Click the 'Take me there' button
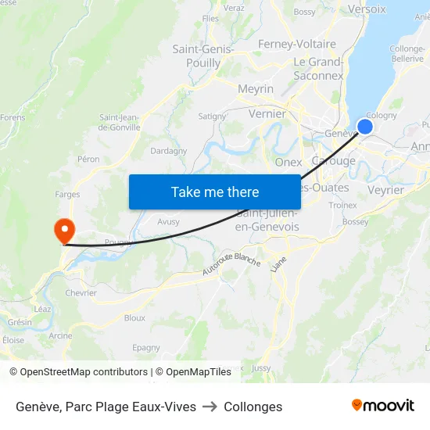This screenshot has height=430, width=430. tap(215, 192)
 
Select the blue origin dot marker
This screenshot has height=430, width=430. tap(365, 127)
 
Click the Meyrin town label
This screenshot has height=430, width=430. tap(256, 89)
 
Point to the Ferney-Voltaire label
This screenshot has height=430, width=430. tap(296, 45)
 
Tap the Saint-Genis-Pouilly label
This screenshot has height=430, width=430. tap(203, 56)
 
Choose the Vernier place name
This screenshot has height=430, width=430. tap(267, 113)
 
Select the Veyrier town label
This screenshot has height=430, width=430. tap(385, 190)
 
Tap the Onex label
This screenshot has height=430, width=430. tap(288, 162)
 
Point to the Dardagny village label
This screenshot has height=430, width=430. tap(168, 151)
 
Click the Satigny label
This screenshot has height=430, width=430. tap(212, 116)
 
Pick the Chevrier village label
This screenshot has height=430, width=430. tap(81, 293)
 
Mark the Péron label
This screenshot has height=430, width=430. tap(88, 159)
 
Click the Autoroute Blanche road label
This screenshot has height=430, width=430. tap(231, 263)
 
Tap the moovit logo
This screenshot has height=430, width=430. tap(383, 406)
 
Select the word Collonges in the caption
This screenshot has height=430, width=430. tap(253, 407)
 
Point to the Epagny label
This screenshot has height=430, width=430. tap(146, 348)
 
